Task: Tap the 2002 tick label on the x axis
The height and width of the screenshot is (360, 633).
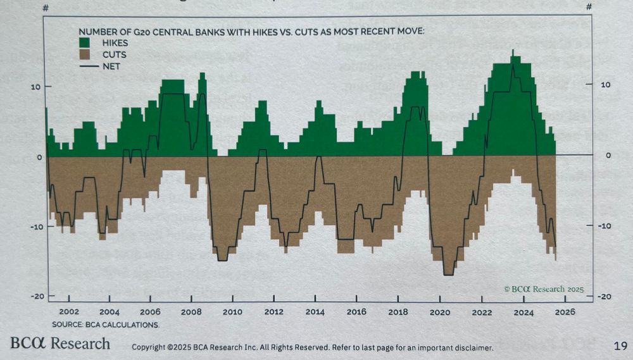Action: pyautogui.click(x=68, y=312)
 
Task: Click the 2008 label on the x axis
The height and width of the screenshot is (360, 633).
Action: pyautogui.click(x=191, y=312)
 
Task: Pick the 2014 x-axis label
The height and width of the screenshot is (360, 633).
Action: pyautogui.click(x=315, y=312)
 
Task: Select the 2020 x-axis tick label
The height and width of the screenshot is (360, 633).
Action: pyautogui.click(x=439, y=312)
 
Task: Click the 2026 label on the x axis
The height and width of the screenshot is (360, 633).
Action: pyautogui.click(x=564, y=312)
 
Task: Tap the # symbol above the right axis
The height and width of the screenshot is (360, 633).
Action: pyautogui.click(x=589, y=7)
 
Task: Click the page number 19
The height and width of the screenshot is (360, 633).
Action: pyautogui.click(x=620, y=345)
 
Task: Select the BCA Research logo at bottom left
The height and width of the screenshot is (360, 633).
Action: pyautogui.click(x=60, y=344)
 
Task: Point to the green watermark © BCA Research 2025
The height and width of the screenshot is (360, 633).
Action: pyautogui.click(x=543, y=289)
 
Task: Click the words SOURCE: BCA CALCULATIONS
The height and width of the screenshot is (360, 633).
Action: pyautogui.click(x=106, y=325)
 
